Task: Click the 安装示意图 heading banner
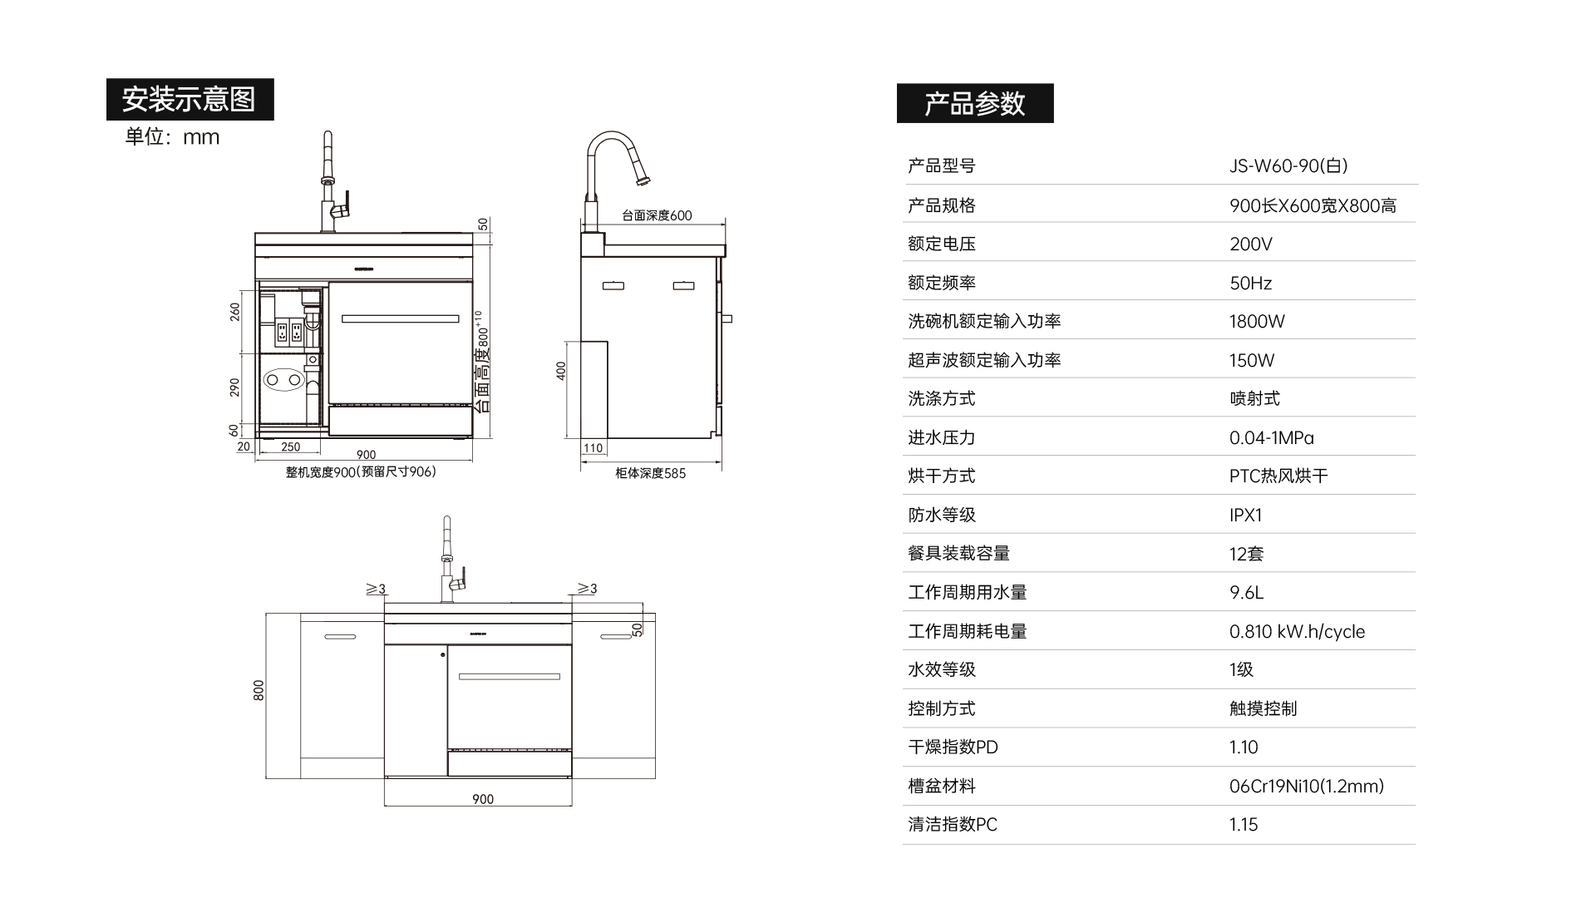point(190,99)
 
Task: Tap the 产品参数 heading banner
point(974,103)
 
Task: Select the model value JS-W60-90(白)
point(1288,165)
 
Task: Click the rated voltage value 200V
point(1250,244)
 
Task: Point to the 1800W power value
point(1257,321)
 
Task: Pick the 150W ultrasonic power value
point(1251,360)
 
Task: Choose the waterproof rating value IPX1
point(1245,515)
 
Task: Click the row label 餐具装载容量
point(958,553)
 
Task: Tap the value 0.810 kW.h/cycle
point(1297,631)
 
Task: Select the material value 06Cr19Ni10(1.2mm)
point(1306,786)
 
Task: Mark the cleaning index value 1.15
point(1244,824)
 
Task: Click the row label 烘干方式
point(941,476)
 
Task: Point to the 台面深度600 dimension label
point(657,215)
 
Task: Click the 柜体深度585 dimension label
point(650,473)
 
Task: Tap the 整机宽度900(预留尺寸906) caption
point(361,471)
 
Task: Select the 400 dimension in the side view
point(561,371)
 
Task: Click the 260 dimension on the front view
point(235,312)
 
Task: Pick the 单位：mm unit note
point(172,137)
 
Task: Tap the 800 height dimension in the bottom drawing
point(259,690)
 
